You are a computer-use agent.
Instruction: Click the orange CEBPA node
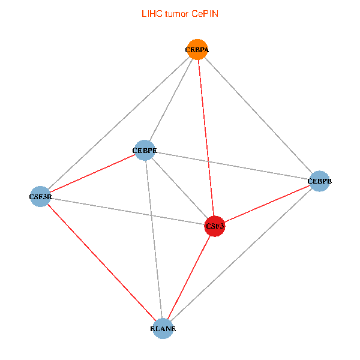197,50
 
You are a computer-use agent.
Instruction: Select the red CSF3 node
215,226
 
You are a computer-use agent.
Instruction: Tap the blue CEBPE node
144,151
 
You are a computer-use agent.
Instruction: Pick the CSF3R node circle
40,196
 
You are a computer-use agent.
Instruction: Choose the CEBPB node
319,181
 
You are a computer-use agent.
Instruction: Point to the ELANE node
163,328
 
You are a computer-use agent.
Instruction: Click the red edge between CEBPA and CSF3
206,138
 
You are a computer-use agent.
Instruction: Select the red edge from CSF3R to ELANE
101,262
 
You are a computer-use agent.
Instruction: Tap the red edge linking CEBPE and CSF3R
92,173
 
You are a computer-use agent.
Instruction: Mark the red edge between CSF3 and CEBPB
267,203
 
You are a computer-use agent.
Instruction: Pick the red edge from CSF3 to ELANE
189,277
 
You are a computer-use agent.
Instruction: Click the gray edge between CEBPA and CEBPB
258,115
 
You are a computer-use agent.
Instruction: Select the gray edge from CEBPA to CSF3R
118,123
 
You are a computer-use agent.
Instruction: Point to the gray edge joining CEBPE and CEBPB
232,166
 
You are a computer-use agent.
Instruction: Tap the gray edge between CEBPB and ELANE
241,254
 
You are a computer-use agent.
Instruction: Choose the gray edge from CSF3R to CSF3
127,211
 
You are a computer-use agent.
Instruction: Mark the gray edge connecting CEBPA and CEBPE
170,100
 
